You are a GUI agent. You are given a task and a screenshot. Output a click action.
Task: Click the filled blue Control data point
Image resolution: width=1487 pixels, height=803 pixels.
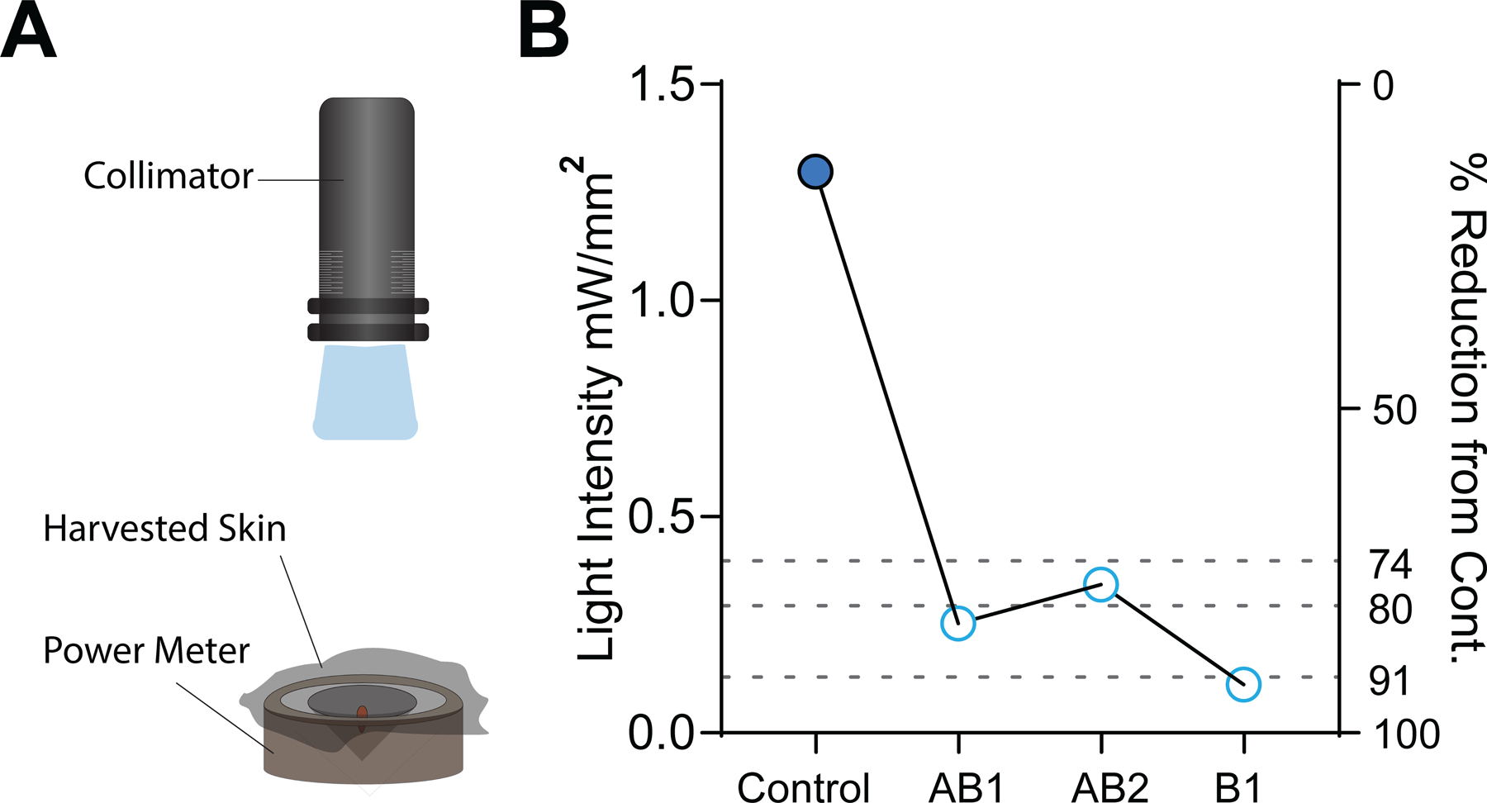pos(815,172)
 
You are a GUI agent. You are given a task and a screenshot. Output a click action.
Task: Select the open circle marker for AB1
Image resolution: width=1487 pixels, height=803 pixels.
pos(958,623)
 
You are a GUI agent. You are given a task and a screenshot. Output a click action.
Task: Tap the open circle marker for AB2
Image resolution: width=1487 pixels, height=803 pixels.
pos(1101,585)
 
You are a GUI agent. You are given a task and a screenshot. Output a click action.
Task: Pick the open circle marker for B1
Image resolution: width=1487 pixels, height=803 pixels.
pos(1243,684)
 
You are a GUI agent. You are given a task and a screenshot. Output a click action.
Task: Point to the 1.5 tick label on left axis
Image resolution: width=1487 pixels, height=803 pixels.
pos(660,85)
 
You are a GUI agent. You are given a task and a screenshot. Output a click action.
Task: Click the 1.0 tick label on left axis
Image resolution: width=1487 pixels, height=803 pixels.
pos(660,301)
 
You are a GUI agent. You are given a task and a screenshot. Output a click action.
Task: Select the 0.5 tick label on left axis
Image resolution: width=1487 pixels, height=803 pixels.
pos(660,517)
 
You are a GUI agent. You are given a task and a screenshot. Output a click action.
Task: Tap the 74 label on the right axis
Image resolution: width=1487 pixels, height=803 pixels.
pos(1390,564)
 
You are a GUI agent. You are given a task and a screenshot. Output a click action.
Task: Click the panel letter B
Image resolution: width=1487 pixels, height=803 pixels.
pos(544,31)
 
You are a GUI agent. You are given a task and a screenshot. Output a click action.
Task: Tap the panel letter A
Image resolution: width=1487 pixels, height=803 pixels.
pos(28,31)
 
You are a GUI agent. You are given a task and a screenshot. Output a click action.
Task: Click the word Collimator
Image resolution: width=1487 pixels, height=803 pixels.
pos(169,176)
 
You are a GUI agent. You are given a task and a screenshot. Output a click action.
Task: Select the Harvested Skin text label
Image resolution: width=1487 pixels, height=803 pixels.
pos(164,529)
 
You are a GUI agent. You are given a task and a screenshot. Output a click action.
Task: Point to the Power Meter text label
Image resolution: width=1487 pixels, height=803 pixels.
pos(146,651)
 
